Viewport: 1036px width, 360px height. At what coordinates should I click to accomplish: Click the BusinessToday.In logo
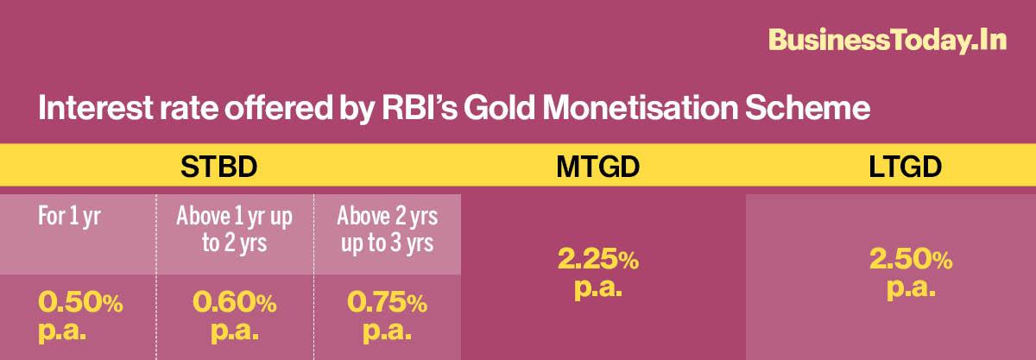[x=888, y=41]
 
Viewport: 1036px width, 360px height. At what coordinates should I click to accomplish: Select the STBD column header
[x=218, y=167]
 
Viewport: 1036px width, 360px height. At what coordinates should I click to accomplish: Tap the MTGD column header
[x=598, y=167]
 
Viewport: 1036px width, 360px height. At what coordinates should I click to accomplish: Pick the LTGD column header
[x=905, y=167]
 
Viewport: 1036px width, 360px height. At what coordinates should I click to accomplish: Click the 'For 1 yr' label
[x=69, y=217]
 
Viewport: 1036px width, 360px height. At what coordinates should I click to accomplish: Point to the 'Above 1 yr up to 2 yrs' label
[x=235, y=230]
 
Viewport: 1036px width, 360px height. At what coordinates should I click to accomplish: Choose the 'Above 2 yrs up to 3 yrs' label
[x=388, y=230]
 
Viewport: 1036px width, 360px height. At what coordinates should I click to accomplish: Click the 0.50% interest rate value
[x=80, y=302]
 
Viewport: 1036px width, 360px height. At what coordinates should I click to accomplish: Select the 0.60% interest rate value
[x=235, y=302]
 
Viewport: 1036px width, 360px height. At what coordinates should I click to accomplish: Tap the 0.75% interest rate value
[x=388, y=302]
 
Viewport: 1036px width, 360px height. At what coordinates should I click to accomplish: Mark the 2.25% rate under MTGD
[x=598, y=259]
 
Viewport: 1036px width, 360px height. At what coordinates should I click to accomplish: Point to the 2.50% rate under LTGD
[x=911, y=259]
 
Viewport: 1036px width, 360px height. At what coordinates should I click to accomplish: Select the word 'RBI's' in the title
[x=420, y=108]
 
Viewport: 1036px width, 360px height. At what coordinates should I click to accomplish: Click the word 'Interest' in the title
[x=95, y=108]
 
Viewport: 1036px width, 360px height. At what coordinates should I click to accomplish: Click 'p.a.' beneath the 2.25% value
[x=598, y=288]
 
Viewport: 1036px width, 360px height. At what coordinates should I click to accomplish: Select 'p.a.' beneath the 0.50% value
[x=62, y=332]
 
